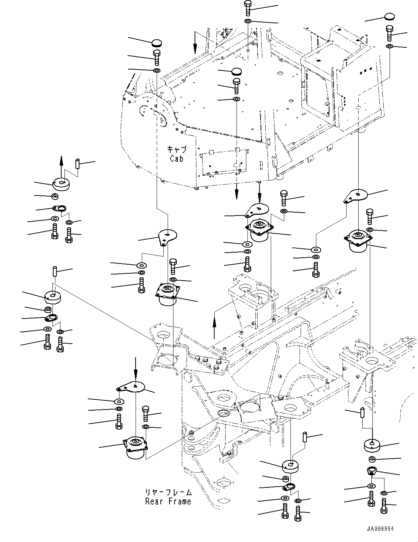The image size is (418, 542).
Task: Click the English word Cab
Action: click(177, 159)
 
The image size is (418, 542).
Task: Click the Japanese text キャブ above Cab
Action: click(177, 150)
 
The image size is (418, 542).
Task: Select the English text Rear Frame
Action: click(168, 502)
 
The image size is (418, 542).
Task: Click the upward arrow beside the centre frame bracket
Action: click(214, 326)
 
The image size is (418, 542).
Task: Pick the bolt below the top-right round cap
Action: click(389, 33)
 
